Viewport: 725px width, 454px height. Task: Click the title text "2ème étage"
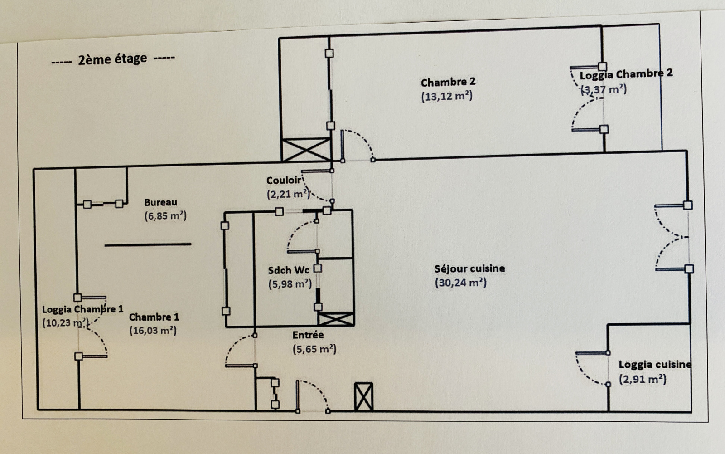(x=112, y=59)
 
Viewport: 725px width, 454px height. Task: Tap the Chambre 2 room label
(x=448, y=83)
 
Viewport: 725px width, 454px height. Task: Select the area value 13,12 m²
(x=447, y=97)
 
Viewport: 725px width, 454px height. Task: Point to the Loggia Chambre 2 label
(x=626, y=74)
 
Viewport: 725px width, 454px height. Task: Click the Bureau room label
(x=160, y=202)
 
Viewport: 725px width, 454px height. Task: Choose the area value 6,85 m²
(x=165, y=216)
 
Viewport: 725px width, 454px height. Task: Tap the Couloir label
(x=283, y=181)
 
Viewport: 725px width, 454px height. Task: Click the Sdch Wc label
(x=288, y=270)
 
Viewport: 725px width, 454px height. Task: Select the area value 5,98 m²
(x=290, y=284)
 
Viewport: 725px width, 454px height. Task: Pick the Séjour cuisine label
(x=469, y=268)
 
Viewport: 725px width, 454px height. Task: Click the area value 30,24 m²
(x=460, y=283)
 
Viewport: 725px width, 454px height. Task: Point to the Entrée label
(x=308, y=335)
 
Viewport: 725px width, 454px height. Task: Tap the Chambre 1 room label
(x=154, y=317)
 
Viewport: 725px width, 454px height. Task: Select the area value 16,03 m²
(x=153, y=331)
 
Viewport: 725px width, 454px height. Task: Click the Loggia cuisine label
(x=655, y=365)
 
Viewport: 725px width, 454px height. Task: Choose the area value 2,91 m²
(x=643, y=379)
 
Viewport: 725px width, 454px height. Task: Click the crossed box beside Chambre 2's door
(x=306, y=150)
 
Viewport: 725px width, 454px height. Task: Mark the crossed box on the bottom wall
(x=363, y=397)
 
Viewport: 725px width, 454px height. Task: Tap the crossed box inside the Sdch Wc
(x=336, y=319)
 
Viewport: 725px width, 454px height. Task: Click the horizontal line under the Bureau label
(x=148, y=244)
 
